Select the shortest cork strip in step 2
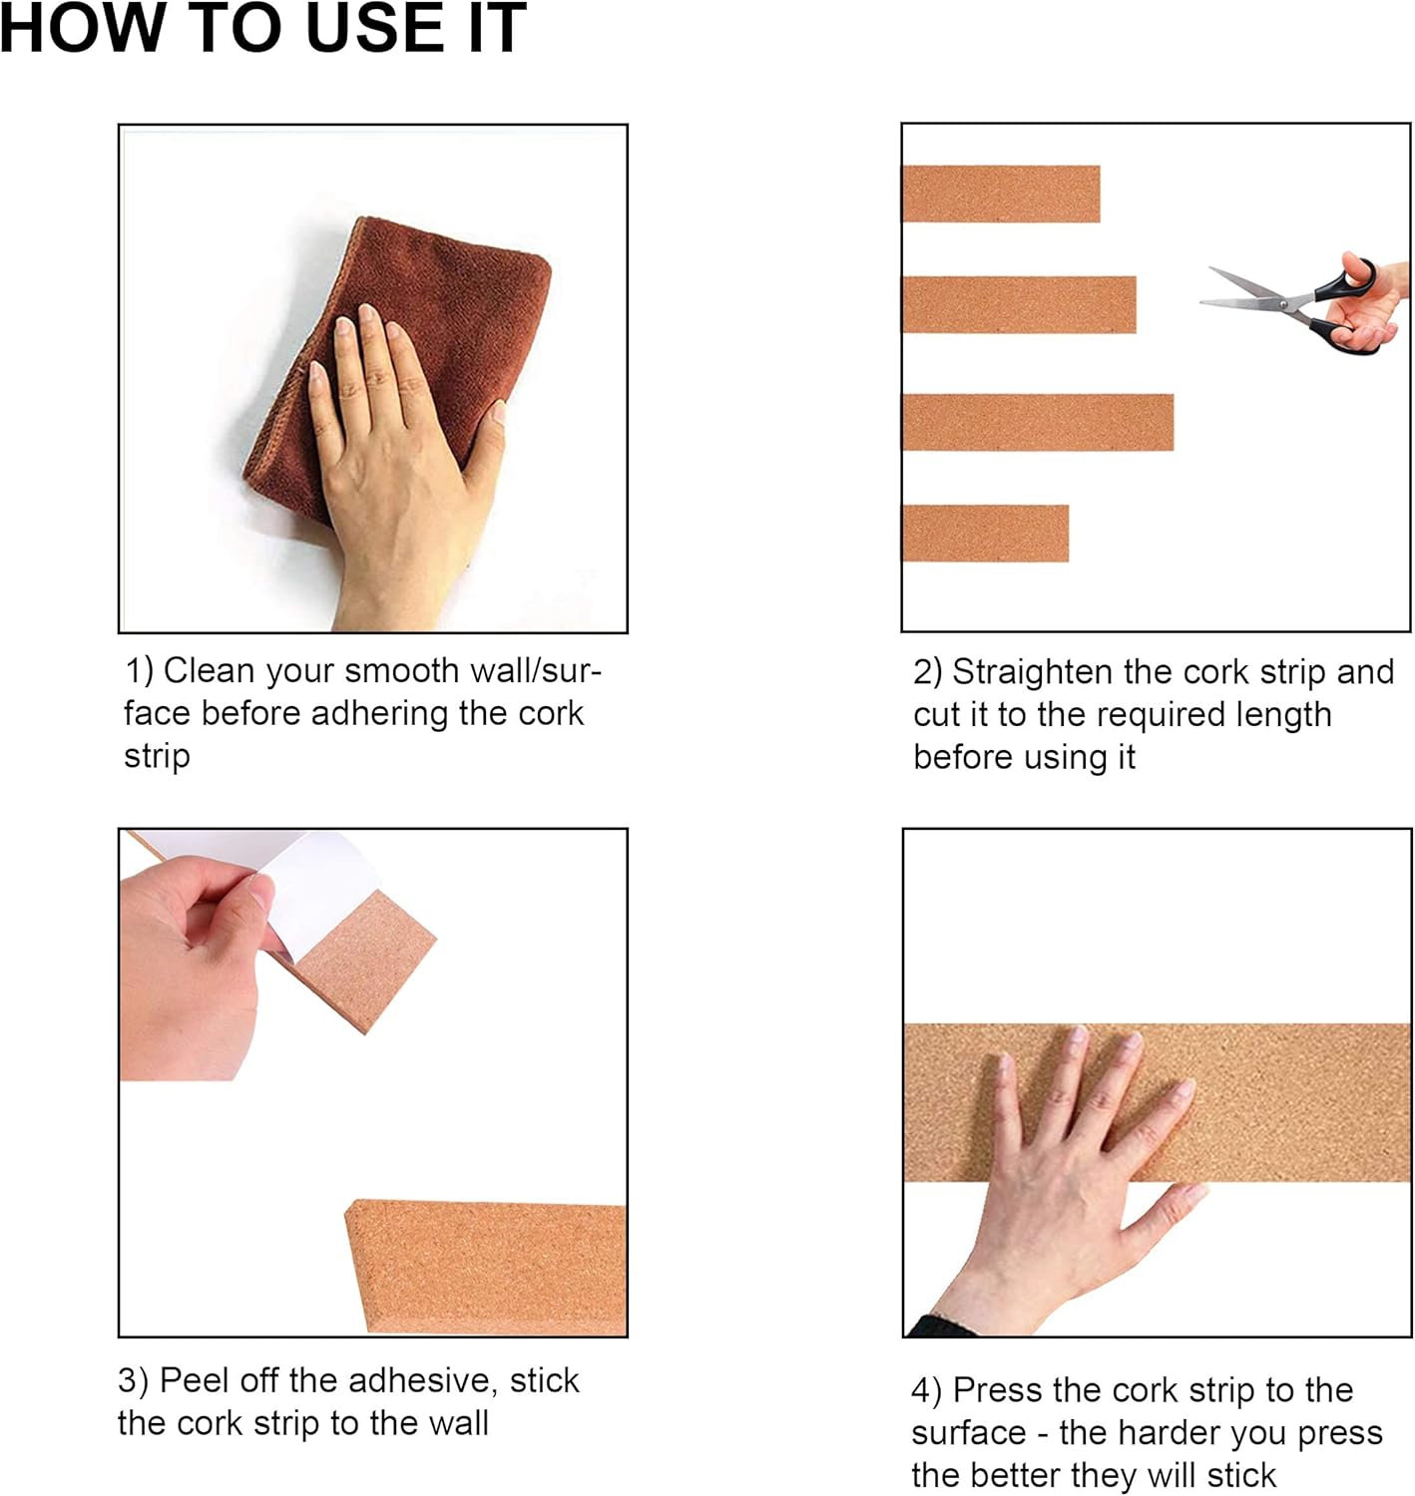pyautogui.click(x=985, y=534)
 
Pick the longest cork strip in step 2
pyautogui.click(x=1038, y=422)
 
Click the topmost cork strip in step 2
pyautogui.click(x=1000, y=193)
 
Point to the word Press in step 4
pyautogui.click(x=997, y=1390)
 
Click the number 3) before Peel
pyautogui.click(x=133, y=1381)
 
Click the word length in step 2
pyautogui.click(x=1283, y=715)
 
